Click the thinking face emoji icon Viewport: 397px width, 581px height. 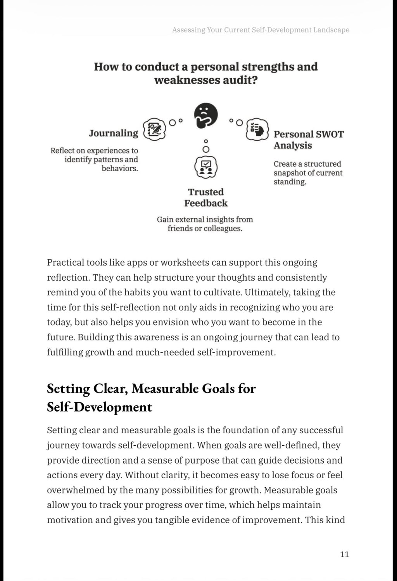pyautogui.click(x=205, y=115)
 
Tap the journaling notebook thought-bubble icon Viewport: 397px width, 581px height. pyautogui.click(x=155, y=129)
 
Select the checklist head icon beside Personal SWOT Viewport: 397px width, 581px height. pyautogui.click(x=257, y=129)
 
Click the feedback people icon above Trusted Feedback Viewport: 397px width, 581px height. pyautogui.click(x=205, y=167)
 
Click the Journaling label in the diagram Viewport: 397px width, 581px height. pyautogui.click(x=113, y=133)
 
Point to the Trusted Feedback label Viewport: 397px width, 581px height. pyautogui.click(x=206, y=198)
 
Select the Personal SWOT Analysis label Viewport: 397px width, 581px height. pyautogui.click(x=308, y=140)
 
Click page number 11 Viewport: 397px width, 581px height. pyautogui.click(x=344, y=554)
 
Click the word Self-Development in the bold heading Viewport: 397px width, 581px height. pyautogui.click(x=100, y=407)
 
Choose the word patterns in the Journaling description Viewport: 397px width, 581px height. pyautogui.click(x=108, y=159)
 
